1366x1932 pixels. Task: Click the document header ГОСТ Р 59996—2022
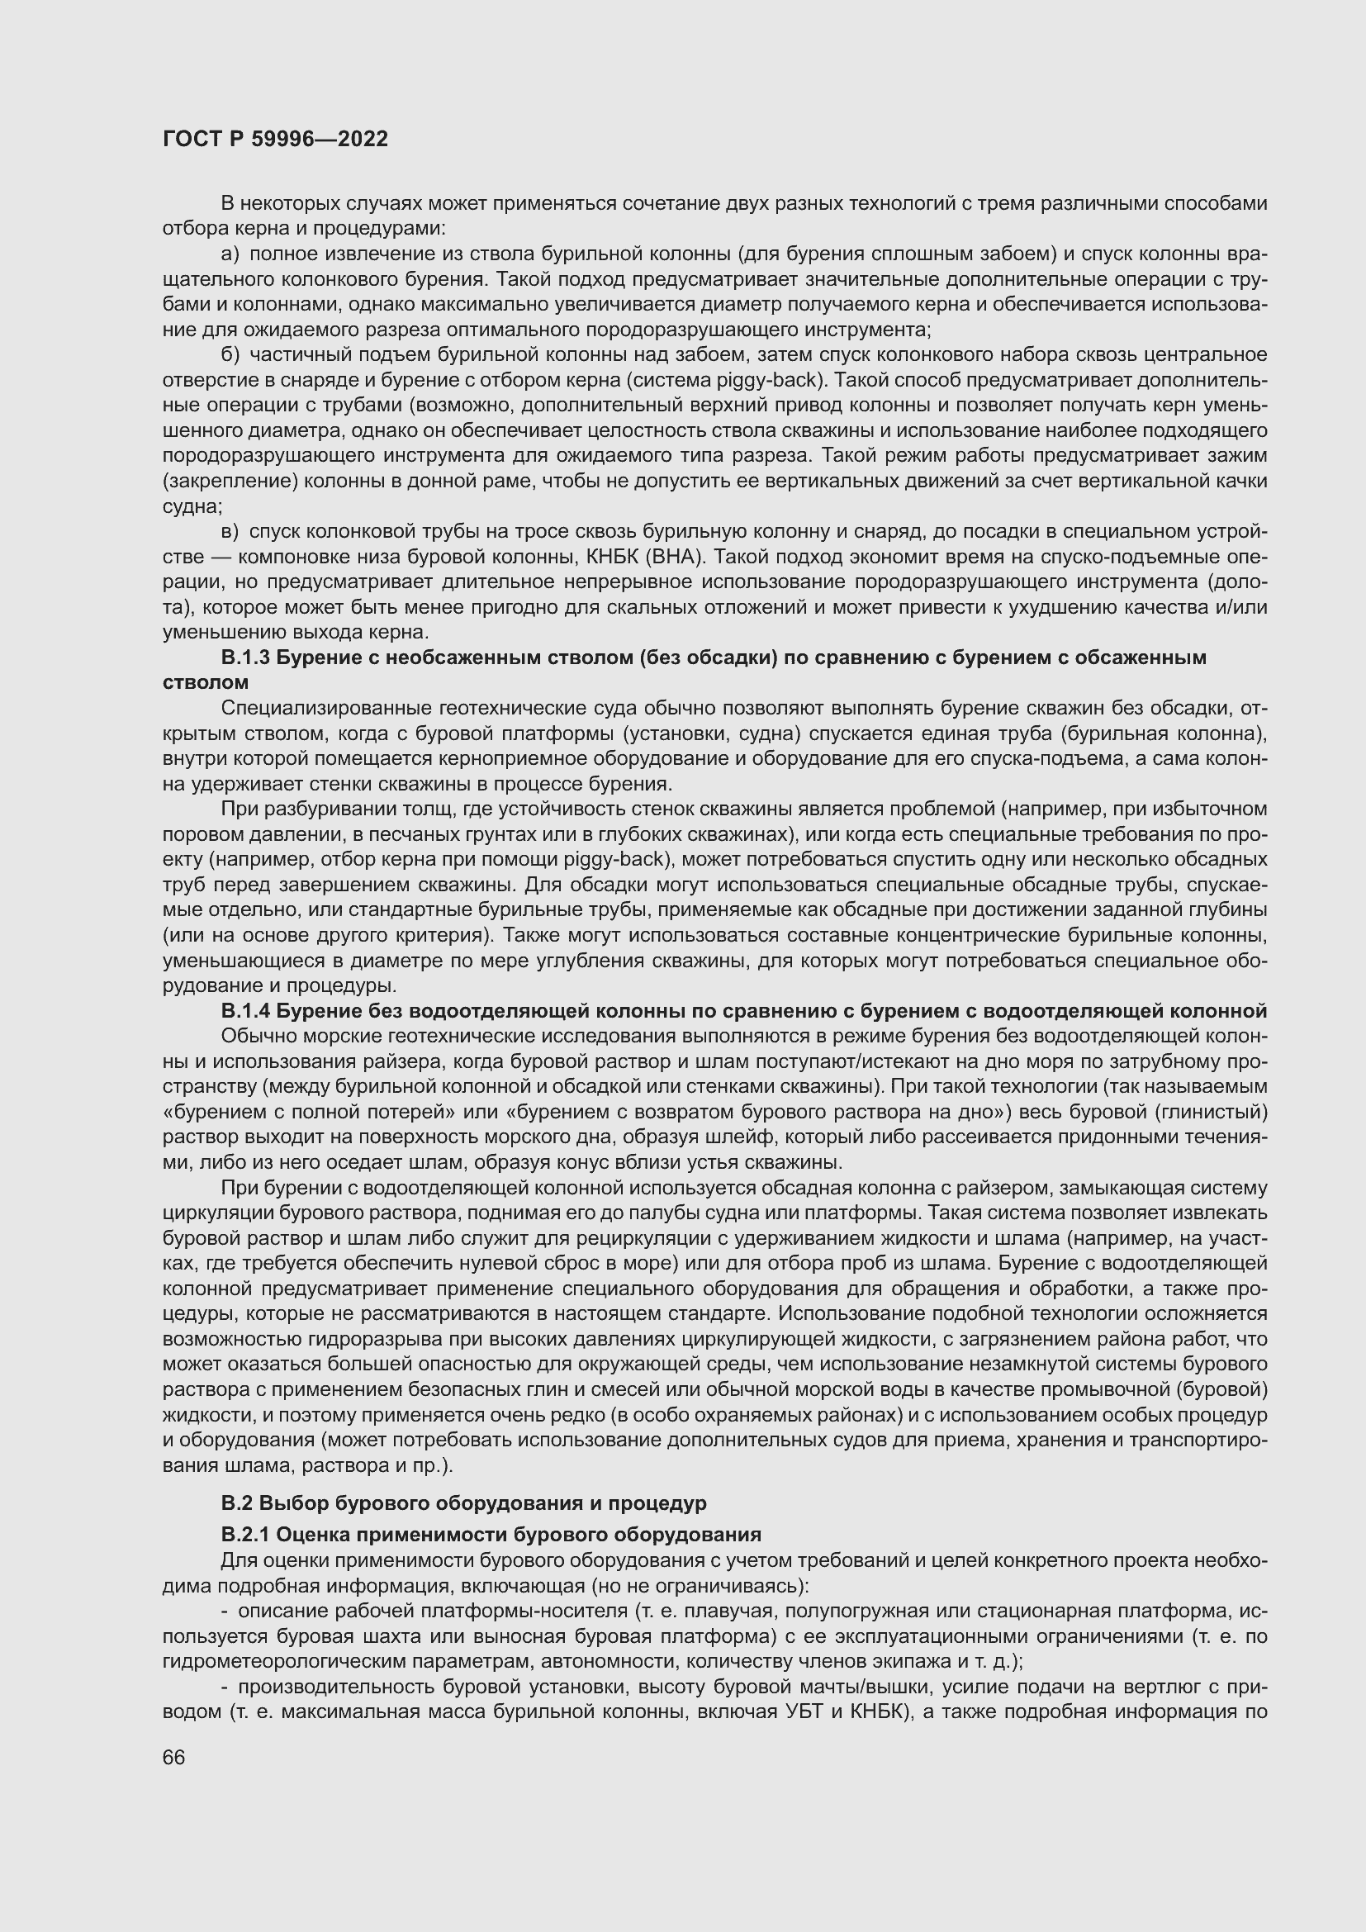(275, 139)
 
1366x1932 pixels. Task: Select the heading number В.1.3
(244, 658)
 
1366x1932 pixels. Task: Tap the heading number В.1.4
(244, 1010)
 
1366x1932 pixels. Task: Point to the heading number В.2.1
(244, 1534)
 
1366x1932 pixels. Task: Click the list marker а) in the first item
(230, 254)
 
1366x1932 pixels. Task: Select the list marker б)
(230, 355)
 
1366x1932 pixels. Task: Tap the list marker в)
(230, 532)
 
